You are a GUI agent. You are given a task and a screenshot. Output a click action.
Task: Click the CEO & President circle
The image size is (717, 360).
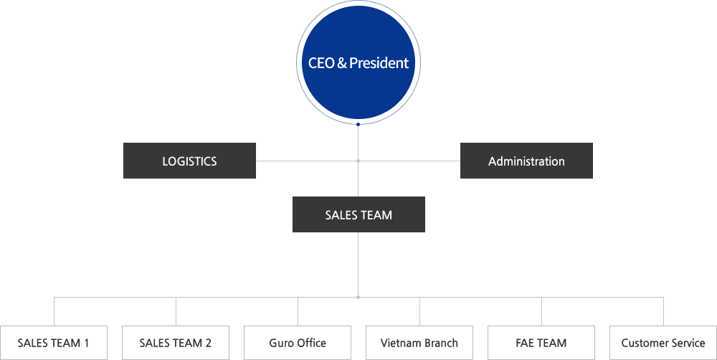(x=358, y=63)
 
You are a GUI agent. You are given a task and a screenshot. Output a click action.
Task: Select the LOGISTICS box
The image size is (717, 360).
(x=189, y=161)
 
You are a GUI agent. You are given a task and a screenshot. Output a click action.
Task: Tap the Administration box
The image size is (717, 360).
(x=526, y=161)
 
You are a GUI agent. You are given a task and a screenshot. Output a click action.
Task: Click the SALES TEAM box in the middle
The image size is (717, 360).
(x=358, y=214)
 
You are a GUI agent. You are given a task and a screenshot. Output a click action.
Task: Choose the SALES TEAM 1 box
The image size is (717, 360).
(x=54, y=343)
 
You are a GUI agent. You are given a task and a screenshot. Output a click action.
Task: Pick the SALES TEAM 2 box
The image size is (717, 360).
(x=176, y=343)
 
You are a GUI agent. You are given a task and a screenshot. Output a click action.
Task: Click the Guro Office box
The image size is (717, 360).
(x=298, y=343)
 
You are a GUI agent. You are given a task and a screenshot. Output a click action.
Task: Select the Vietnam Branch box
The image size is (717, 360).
(x=419, y=343)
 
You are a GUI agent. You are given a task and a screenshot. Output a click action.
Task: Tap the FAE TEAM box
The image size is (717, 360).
(x=541, y=343)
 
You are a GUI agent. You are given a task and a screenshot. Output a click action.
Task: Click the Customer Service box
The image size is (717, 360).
(x=663, y=343)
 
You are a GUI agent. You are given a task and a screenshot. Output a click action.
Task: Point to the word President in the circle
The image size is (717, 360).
(x=379, y=63)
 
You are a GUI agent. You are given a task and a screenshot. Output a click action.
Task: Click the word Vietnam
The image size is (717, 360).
(x=402, y=343)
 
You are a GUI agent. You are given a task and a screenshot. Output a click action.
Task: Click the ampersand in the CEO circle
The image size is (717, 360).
(x=342, y=63)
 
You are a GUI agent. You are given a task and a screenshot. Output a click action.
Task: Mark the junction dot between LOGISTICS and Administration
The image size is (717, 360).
(x=358, y=161)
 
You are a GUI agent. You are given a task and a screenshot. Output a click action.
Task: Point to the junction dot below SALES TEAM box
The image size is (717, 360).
(x=358, y=297)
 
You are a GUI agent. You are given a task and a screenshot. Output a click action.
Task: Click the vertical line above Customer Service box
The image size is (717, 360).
(x=663, y=312)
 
